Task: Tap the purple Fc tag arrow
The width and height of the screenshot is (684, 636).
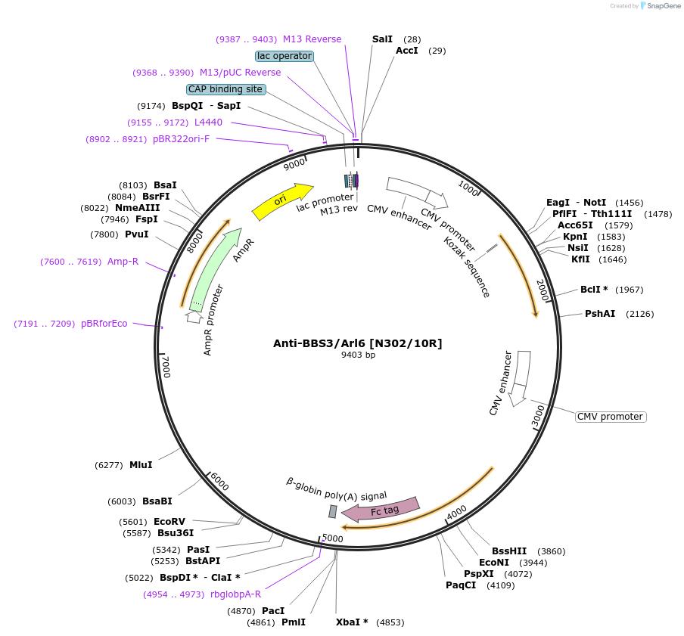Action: coord(385,510)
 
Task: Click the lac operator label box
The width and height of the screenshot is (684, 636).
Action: coord(284,56)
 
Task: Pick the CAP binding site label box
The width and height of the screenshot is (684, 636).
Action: coord(225,89)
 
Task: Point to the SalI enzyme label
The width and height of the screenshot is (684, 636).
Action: coord(382,39)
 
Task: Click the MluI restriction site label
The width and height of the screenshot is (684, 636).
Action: coord(141,465)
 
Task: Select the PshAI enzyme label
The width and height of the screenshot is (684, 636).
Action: coord(600,314)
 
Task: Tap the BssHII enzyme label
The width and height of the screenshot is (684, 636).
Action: coord(508,551)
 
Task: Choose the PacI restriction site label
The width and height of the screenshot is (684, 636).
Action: coord(273,611)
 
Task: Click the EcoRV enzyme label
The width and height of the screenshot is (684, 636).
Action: coord(169,522)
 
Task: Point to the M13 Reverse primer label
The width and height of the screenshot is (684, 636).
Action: coord(312,39)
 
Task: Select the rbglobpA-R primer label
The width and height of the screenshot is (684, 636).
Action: coord(235,594)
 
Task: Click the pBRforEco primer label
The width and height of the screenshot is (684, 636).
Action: coord(104,324)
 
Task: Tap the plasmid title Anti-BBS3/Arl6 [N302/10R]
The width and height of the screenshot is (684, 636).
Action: coord(357,343)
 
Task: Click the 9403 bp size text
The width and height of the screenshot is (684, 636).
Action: coord(358,355)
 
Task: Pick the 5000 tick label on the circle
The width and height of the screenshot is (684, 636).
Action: coord(333,538)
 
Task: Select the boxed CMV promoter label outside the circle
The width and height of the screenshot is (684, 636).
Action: coord(611,417)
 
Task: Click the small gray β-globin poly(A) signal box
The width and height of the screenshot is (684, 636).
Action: coord(332,512)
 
